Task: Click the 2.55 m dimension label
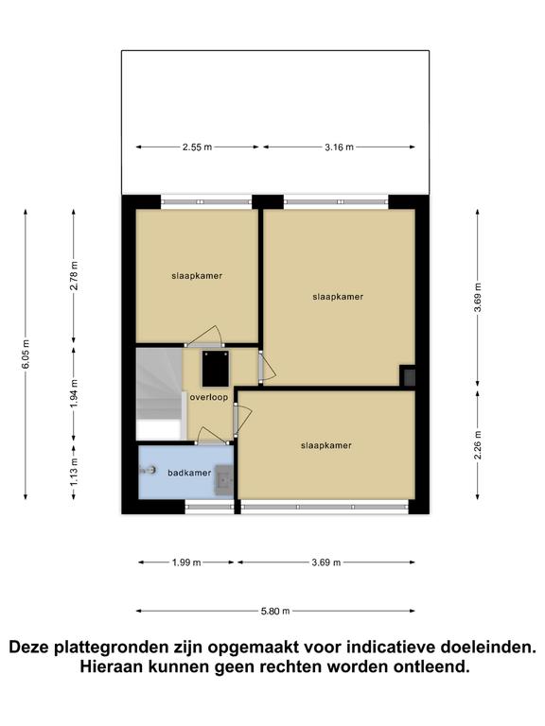point(197,147)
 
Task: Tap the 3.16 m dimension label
point(339,147)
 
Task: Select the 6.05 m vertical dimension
point(26,354)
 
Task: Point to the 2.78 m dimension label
point(74,275)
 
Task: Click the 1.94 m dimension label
point(74,393)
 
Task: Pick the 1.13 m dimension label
point(74,473)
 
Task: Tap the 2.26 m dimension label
point(478,445)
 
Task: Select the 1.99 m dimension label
point(186,562)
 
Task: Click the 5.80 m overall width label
point(275,612)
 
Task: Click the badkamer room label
point(189,473)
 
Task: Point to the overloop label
point(208,397)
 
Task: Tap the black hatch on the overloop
point(216,369)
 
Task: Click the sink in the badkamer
point(223,480)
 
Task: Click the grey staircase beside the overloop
point(159,393)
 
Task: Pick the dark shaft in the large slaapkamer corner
point(408,375)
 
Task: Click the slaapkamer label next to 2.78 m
point(197,276)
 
